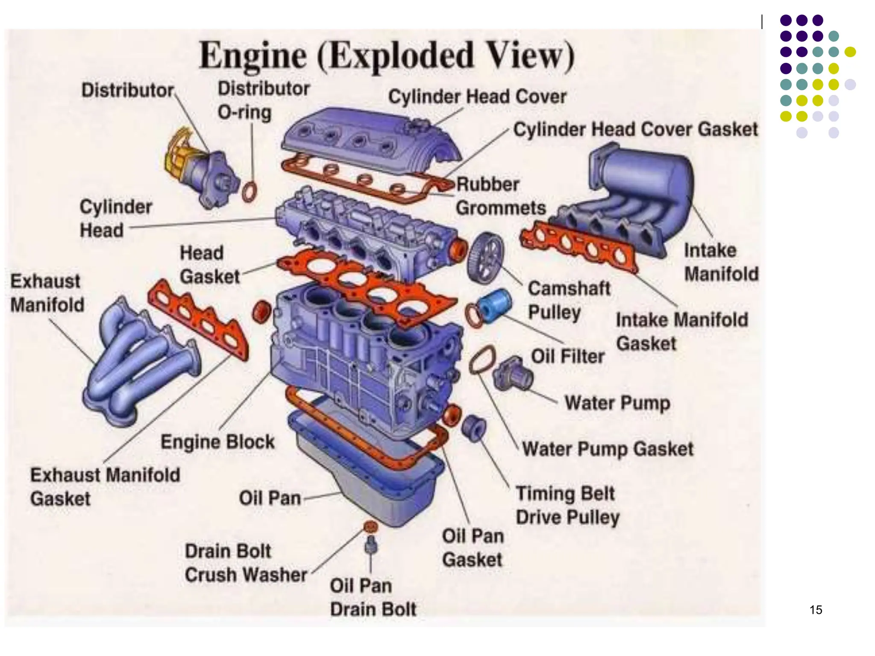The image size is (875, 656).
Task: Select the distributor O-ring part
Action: [250, 192]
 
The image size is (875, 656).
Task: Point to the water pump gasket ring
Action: [482, 360]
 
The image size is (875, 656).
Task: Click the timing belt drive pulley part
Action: [473, 428]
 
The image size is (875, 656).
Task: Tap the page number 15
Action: [816, 610]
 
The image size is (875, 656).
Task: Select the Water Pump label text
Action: [617, 403]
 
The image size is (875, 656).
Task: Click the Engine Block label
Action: [217, 442]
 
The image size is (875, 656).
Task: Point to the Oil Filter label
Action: [567, 356]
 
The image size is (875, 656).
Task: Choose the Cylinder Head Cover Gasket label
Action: [635, 129]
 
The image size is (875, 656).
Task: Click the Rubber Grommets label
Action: [500, 196]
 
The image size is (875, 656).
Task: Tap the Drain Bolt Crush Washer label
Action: [246, 563]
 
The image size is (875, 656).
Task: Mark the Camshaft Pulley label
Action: [568, 300]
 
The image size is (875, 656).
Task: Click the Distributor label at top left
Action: [127, 91]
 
